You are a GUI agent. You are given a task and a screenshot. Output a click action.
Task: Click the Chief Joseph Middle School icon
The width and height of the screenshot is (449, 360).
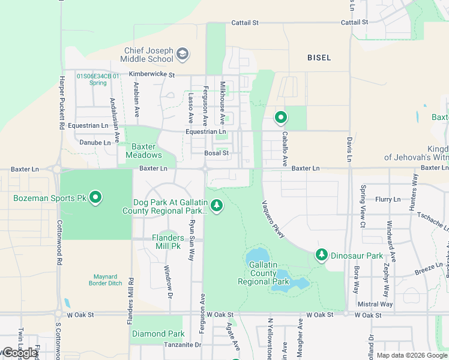tap(182, 55)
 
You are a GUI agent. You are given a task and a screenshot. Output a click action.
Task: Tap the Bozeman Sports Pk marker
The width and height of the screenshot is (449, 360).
tap(95, 197)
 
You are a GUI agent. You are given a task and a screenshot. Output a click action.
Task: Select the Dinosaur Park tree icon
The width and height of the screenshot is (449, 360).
tap(322, 255)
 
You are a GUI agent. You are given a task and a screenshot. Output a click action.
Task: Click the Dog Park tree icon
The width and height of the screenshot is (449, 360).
tap(217, 206)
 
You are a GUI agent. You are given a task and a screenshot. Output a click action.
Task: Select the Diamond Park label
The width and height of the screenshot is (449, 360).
tap(158, 334)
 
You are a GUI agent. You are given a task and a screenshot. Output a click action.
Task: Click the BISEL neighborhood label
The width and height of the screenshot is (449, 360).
tap(319, 58)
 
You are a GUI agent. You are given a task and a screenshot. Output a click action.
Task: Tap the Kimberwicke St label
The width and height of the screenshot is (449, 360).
tap(151, 74)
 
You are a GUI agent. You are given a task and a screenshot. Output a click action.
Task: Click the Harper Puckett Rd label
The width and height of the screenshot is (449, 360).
tap(61, 103)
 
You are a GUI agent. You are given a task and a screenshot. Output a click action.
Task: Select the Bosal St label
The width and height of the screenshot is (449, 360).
tap(217, 153)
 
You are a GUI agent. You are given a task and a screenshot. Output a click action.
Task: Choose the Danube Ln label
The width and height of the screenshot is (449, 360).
tap(95, 143)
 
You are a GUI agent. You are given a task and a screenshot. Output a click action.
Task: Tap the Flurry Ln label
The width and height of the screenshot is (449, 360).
tap(388, 199)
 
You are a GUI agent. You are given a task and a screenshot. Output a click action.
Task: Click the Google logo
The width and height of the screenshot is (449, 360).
tap(19, 353)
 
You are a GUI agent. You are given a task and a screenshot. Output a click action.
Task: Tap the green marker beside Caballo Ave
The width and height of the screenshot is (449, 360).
tap(280, 118)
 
